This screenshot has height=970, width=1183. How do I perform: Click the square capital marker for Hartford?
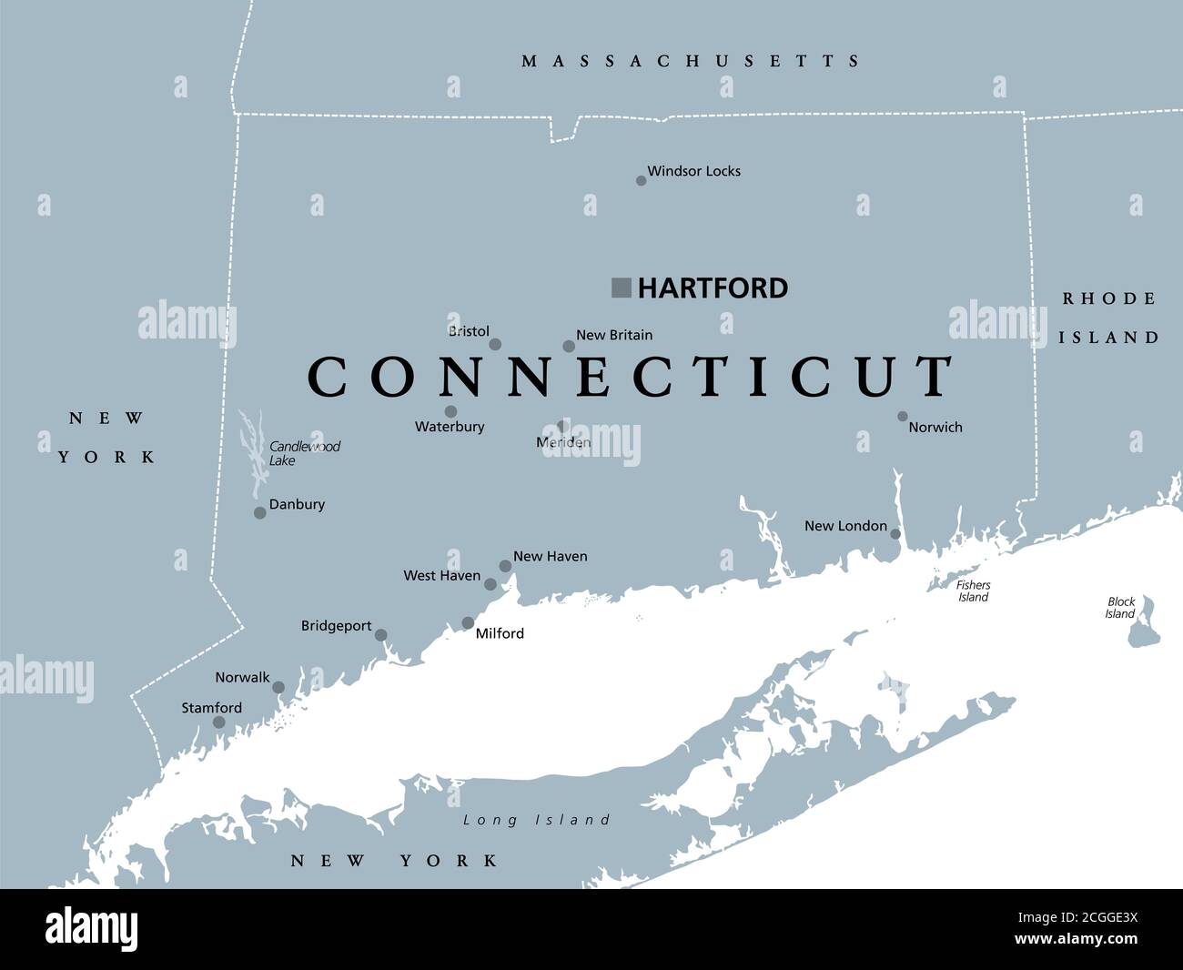[622, 288]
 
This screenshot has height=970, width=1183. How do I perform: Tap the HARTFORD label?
[713, 288]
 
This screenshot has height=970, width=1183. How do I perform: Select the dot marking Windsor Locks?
[641, 180]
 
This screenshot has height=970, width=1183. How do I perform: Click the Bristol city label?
[469, 331]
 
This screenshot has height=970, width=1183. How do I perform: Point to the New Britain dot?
[569, 346]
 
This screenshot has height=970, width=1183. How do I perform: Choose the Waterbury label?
[450, 427]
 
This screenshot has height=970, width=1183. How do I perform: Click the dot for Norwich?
[903, 416]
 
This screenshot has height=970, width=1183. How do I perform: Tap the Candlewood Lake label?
[304, 453]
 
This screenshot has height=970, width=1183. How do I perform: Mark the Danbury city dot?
[259, 513]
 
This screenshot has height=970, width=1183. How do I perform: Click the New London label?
[845, 526]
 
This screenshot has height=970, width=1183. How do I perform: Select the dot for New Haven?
[505, 566]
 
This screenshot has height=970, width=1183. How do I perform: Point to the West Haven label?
[441, 576]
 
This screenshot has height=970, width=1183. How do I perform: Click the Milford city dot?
[468, 623]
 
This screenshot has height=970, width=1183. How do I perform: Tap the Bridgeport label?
[336, 626]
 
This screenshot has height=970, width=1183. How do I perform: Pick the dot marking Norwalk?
[278, 688]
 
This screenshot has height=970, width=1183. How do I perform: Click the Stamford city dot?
[218, 722]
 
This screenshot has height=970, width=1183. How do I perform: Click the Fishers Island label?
[973, 591]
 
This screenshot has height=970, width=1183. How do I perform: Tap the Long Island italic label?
[536, 820]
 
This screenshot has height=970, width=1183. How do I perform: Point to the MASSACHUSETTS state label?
[691, 61]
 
